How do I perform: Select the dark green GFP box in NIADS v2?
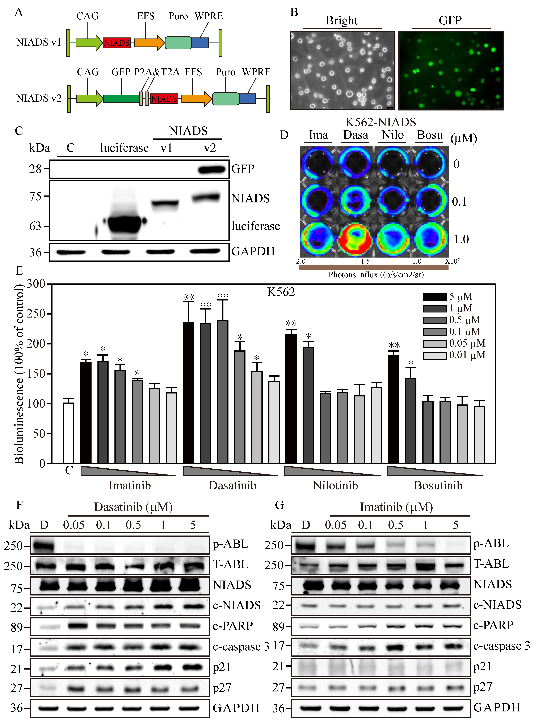pos(121,98)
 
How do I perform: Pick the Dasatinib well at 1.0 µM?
pos(355,239)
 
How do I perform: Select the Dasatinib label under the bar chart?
pos(232,485)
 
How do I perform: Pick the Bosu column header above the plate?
pos(430,135)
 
